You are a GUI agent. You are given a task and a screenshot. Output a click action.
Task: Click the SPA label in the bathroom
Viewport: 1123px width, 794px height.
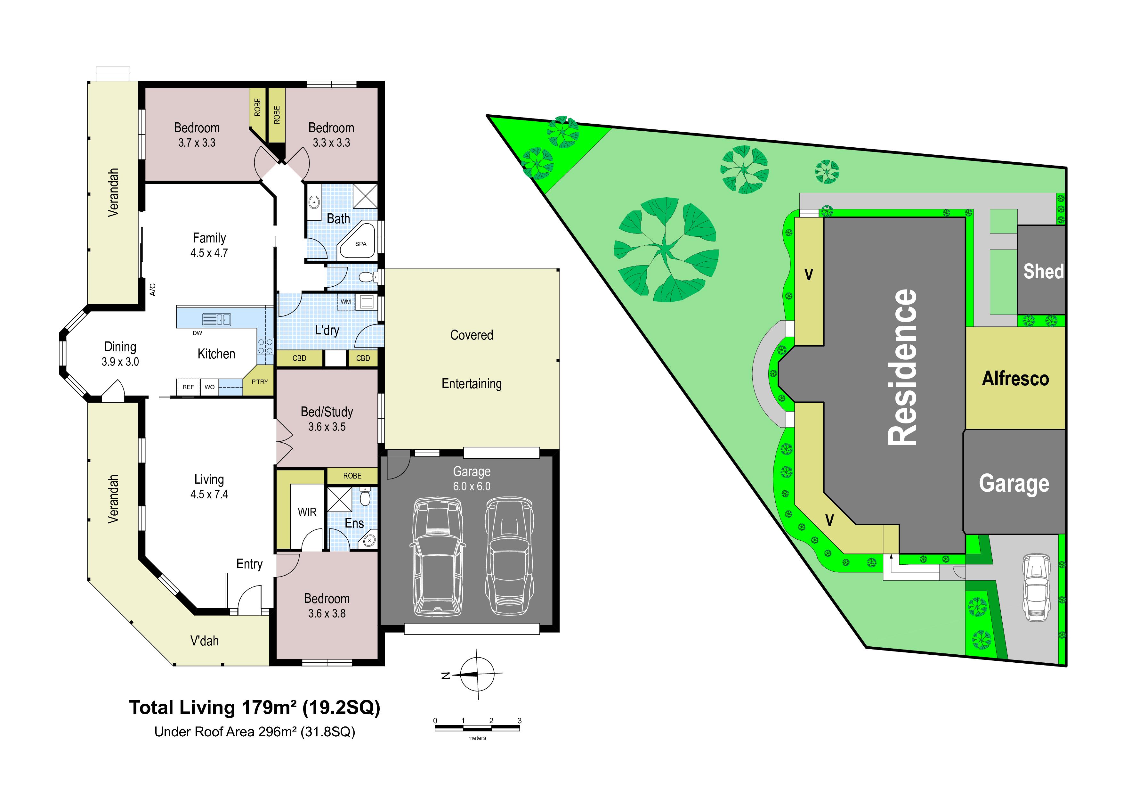coord(360,244)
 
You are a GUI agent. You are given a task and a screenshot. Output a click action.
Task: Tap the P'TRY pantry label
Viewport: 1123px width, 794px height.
coord(260,381)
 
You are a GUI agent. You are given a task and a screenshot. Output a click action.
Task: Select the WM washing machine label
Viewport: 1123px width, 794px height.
coord(346,301)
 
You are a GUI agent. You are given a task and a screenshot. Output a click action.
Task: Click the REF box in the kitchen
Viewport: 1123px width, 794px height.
coord(188,387)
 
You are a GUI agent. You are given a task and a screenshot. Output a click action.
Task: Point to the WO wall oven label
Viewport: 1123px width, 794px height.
coord(209,387)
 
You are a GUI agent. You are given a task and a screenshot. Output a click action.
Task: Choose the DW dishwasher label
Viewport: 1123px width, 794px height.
coord(197,333)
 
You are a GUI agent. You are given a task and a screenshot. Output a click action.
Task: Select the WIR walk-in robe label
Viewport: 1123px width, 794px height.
coord(307,512)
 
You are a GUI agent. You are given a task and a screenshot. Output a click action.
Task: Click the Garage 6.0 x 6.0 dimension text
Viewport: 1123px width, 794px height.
coord(472,486)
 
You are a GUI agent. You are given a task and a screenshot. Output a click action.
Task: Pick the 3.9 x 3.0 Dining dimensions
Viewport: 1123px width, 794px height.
coord(120,362)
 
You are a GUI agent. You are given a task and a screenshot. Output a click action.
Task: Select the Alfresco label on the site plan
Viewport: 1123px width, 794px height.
coord(1015,379)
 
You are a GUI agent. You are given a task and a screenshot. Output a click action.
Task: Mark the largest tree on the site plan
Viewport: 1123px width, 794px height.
coord(666,250)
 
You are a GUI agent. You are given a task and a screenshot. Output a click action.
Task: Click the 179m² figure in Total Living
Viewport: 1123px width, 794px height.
coord(269,708)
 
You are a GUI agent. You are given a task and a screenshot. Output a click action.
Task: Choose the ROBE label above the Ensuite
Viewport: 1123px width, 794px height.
coord(352,476)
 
